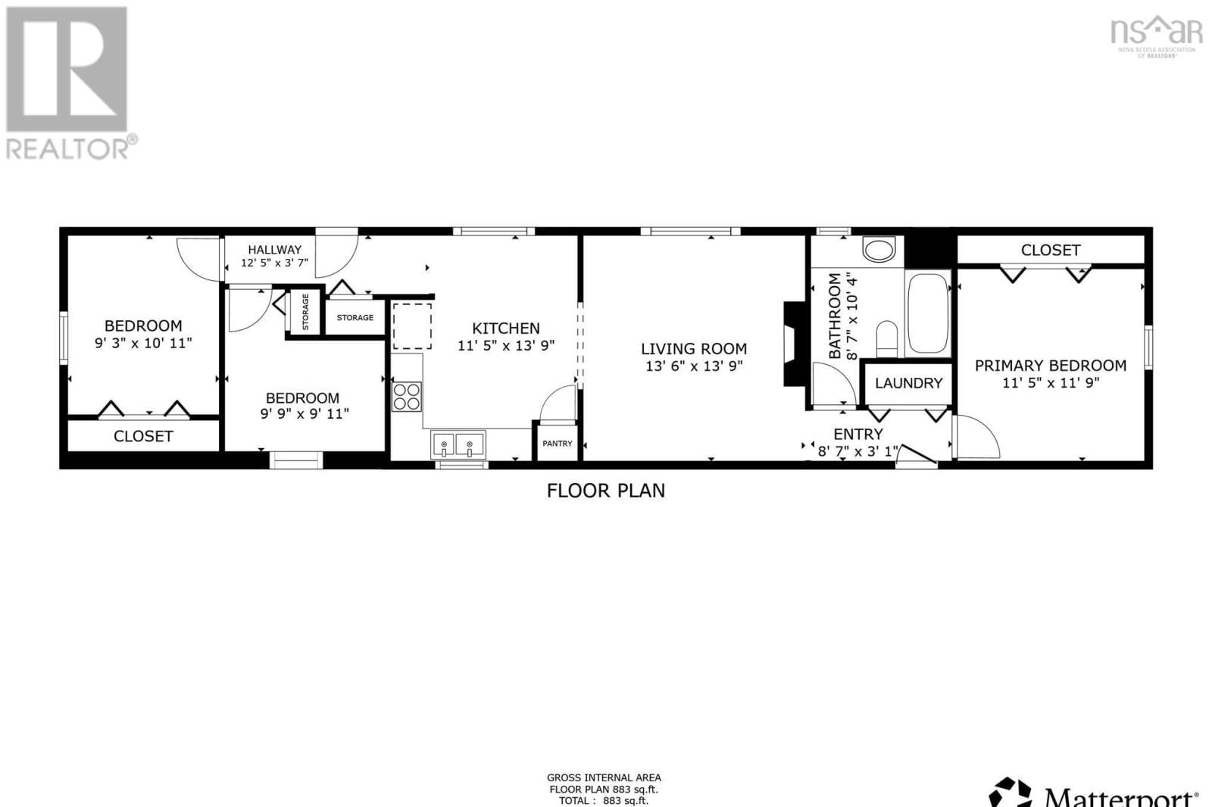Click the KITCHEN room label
(506, 329)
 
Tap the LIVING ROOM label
(694, 349)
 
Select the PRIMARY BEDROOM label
(1050, 366)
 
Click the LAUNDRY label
(908, 383)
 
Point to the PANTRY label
(558, 444)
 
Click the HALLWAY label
(274, 250)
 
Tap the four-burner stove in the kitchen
(407, 397)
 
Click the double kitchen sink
(458, 444)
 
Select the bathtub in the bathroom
(928, 313)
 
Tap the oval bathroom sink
(879, 250)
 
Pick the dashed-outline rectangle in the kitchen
(412, 326)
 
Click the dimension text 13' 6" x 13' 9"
(694, 366)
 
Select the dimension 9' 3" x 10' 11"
(143, 343)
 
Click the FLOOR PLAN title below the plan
(606, 491)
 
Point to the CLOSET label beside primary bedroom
(1050, 250)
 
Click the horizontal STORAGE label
(355, 318)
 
